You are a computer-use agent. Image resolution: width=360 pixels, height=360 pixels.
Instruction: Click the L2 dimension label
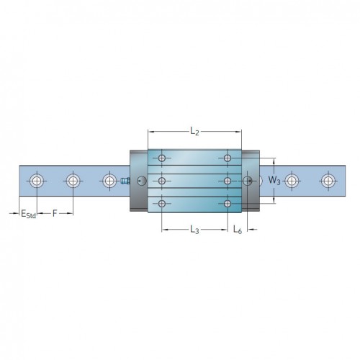point(194,132)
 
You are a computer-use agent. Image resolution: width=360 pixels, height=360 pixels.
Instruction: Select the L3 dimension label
point(194,230)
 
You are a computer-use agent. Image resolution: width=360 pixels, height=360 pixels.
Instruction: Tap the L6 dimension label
point(238,230)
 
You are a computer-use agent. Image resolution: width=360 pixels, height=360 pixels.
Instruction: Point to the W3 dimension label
point(274,180)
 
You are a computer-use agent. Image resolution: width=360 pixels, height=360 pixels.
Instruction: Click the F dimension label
point(55,213)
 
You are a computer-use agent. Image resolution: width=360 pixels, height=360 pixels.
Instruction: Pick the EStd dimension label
point(28,214)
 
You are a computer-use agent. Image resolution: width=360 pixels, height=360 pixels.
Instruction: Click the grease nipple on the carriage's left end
point(125,181)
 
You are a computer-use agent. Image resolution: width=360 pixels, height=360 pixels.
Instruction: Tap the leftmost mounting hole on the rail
point(37,181)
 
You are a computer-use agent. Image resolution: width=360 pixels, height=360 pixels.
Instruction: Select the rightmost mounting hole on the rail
point(328,181)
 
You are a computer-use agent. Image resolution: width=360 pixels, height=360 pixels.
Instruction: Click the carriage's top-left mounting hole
point(162,158)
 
